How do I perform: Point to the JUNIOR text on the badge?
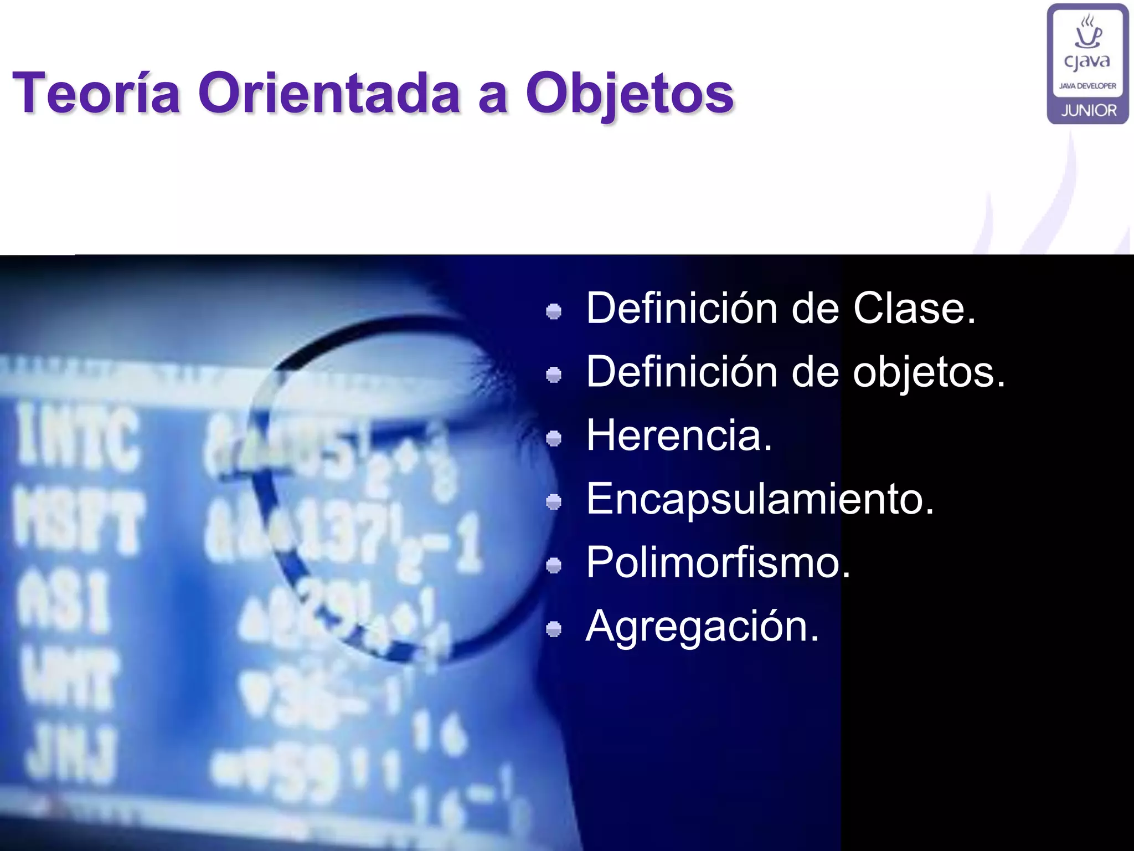[1089, 110]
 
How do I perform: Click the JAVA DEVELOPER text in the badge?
[1087, 86]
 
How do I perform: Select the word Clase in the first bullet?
[914, 308]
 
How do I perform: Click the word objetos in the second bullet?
[928, 372]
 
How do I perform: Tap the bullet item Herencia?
[679, 435]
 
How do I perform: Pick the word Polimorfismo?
[718, 562]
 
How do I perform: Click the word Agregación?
[702, 626]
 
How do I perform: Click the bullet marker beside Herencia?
[554, 439]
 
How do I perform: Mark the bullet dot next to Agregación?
[554, 629]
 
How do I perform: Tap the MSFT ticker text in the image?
[78, 524]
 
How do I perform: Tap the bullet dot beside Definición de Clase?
[554, 311]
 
